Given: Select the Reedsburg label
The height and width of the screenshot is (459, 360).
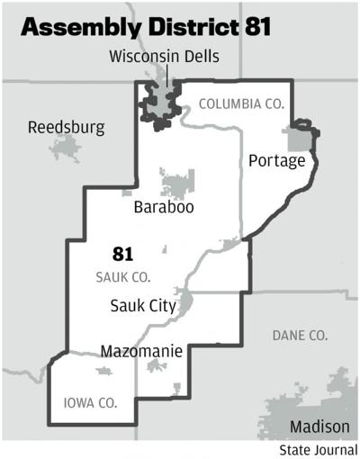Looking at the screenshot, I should click(66, 127).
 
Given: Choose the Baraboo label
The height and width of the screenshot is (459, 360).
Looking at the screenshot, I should click(164, 208).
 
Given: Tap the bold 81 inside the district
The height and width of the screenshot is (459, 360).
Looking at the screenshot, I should click(122, 254).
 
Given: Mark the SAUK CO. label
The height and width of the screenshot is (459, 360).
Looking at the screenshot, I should click(123, 276).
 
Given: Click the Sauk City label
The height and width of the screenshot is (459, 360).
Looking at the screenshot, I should click(142, 305).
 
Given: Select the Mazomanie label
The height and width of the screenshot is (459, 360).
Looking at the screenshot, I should click(143, 350).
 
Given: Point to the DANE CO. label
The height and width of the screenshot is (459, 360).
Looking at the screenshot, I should click(300, 336).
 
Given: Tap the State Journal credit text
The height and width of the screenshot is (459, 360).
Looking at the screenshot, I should click(318, 449).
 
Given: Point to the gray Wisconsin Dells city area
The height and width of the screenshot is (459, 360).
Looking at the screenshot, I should click(160, 102).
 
